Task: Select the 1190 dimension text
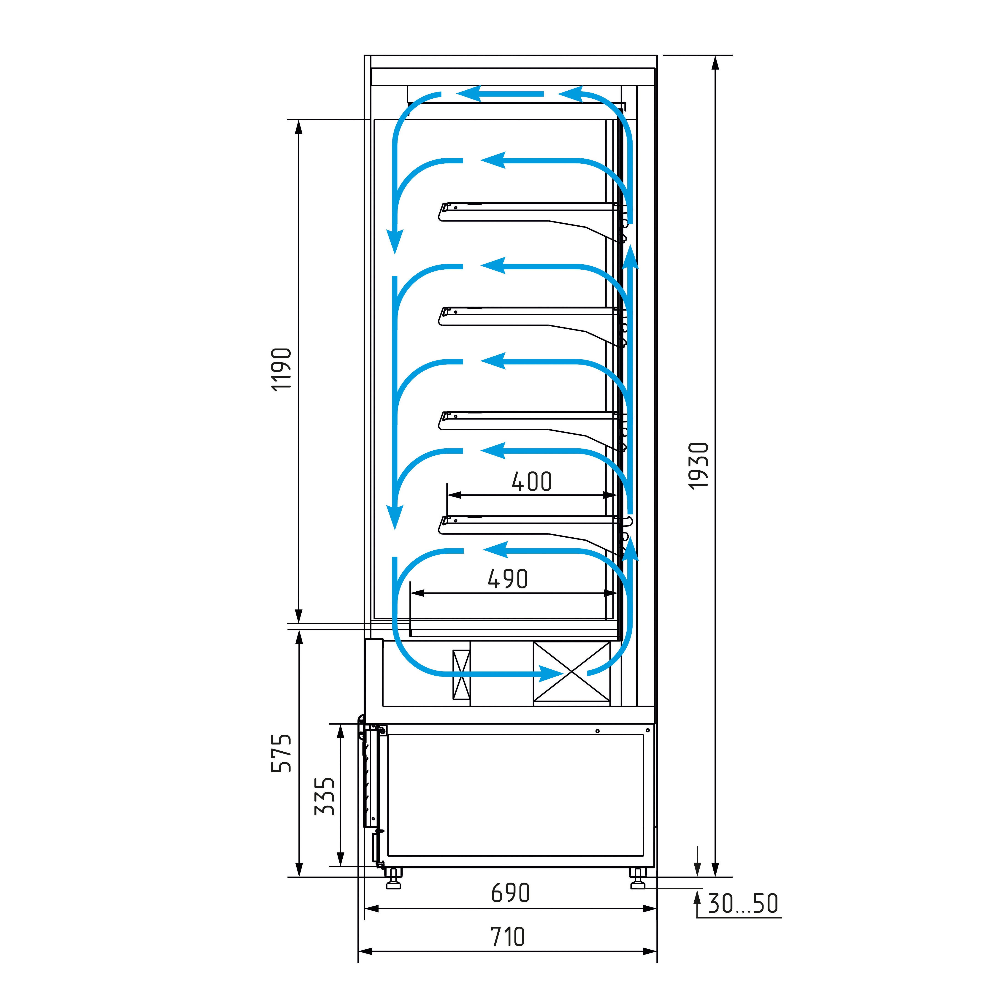pos(282,369)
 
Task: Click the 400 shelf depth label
pos(532,481)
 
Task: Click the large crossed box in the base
pos(572,672)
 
